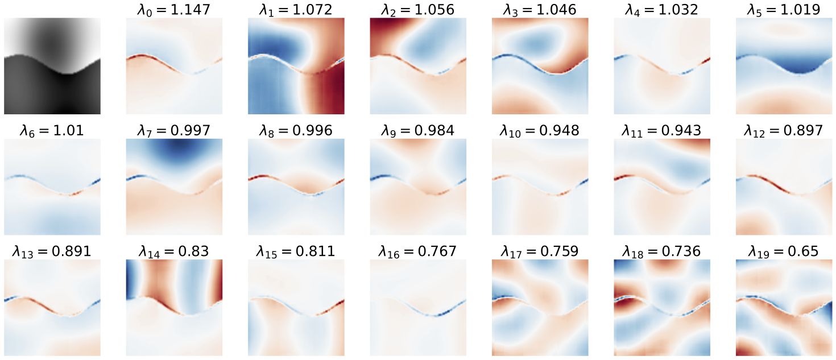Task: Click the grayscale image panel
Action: pyautogui.click(x=52, y=66)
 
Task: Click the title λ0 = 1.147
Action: pyautogui.click(x=174, y=9)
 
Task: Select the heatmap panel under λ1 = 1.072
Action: pyautogui.click(x=296, y=66)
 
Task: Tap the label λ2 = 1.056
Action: pyautogui.click(x=418, y=9)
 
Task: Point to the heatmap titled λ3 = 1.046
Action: pyautogui.click(x=540, y=66)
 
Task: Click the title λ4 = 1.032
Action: pyautogui.click(x=662, y=9)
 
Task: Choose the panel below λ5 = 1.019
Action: pyautogui.click(x=784, y=66)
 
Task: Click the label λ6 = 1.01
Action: pyautogui.click(x=52, y=131)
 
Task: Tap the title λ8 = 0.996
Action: pyautogui.click(x=296, y=131)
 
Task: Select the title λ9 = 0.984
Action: pyautogui.click(x=418, y=131)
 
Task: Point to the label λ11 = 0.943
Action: pyautogui.click(x=662, y=131)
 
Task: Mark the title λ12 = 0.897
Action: pyautogui.click(x=784, y=131)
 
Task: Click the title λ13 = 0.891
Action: pyautogui.click(x=52, y=251)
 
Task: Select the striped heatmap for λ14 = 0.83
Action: pyautogui.click(x=174, y=308)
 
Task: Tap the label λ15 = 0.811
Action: pyautogui.click(x=296, y=251)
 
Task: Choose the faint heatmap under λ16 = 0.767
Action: pyautogui.click(x=418, y=308)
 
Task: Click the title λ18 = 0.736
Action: pyautogui.click(x=662, y=251)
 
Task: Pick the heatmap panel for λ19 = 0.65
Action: pyautogui.click(x=784, y=308)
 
